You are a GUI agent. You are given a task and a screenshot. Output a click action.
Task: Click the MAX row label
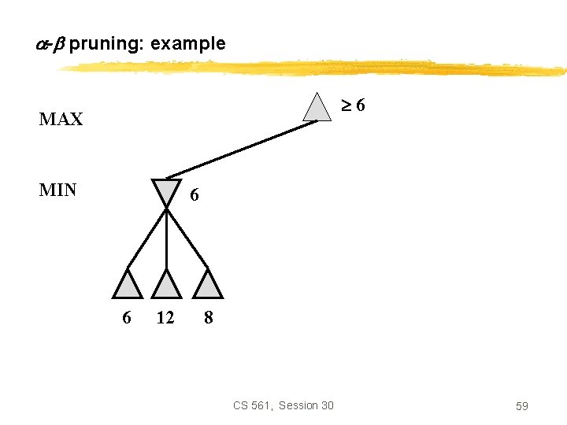[61, 120]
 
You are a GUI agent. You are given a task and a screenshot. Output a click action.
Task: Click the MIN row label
[57, 190]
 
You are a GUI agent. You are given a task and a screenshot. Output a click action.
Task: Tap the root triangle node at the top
[317, 108]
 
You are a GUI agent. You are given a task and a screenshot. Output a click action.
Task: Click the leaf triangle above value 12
[166, 286]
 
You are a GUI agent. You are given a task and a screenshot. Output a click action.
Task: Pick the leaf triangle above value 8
[208, 286]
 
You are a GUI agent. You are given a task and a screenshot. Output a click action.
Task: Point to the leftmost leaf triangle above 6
[127, 286]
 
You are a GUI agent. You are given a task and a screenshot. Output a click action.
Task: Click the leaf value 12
[165, 318]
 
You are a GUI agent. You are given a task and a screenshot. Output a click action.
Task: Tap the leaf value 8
[208, 318]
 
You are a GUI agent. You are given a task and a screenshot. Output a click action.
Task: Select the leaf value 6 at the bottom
[126, 318]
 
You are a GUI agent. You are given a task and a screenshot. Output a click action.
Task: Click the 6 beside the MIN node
[195, 194]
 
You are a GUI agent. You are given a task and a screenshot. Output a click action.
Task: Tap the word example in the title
[187, 43]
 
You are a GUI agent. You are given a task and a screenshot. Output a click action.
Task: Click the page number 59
[521, 406]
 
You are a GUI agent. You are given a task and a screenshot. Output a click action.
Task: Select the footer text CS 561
[251, 405]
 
